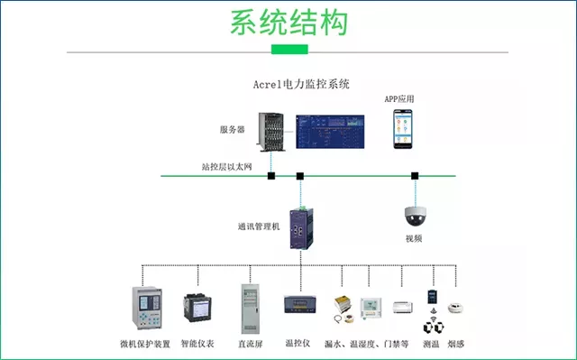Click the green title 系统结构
tap(289, 23)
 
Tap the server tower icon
tap(271, 132)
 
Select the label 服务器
tap(233, 130)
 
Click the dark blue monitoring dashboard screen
tap(330, 132)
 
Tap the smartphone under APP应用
tap(403, 129)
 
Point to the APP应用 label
tap(399, 99)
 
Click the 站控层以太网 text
tap(226, 167)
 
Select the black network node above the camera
tap(415, 176)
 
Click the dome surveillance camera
tap(416, 216)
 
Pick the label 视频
tap(414, 238)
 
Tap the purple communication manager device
tap(301, 228)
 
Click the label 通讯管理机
tap(259, 226)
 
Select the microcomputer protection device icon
tap(147, 308)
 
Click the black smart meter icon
tap(197, 308)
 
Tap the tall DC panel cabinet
tap(251, 309)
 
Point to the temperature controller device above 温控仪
tap(300, 304)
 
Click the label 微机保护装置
tap(145, 344)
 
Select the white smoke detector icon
tap(455, 308)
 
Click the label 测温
tap(431, 344)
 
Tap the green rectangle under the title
tap(289, 50)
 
